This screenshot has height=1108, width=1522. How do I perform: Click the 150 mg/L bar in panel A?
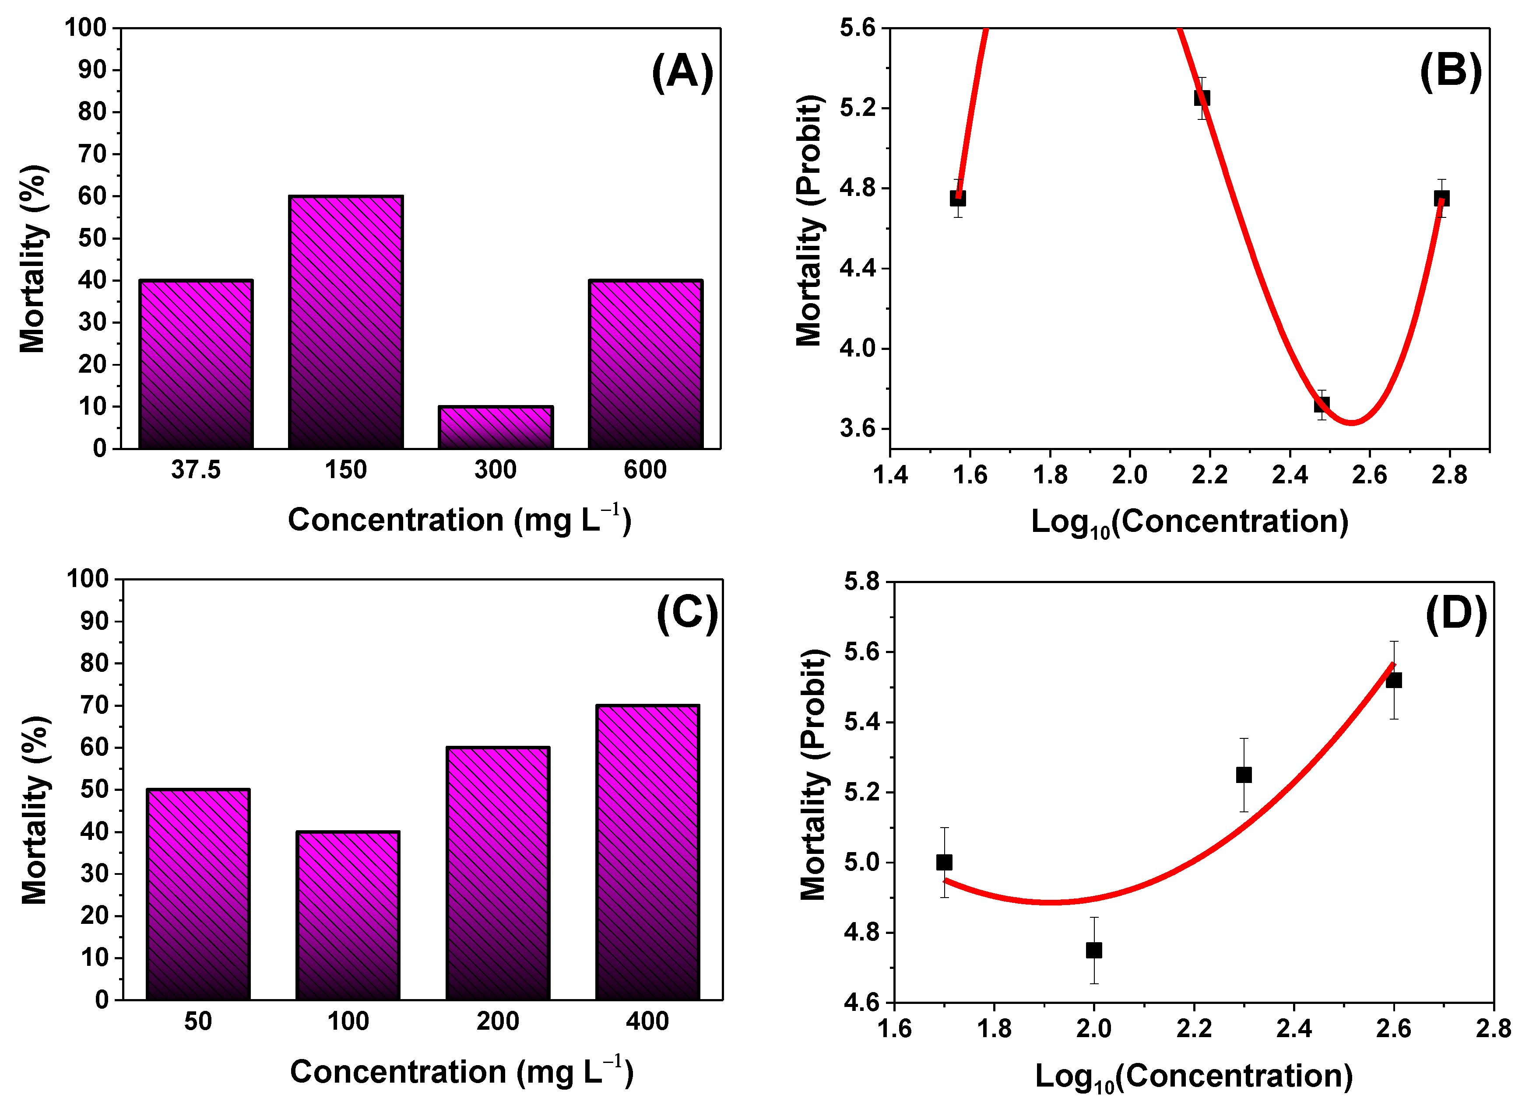[x=346, y=322]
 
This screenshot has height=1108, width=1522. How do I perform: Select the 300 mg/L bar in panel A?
[x=495, y=427]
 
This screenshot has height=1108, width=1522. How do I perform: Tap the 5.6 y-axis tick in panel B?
[x=858, y=28]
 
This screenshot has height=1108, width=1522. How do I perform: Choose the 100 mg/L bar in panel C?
[x=348, y=916]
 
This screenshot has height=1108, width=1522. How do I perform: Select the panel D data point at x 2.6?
[x=1394, y=680]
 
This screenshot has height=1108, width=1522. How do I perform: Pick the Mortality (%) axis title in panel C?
[x=34, y=810]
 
